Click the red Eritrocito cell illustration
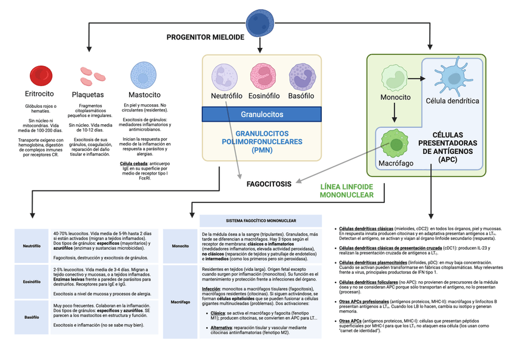pyautogui.click(x=40, y=76)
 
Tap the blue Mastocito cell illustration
pyautogui.click(x=144, y=76)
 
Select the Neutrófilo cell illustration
pyautogui.click(x=225, y=77)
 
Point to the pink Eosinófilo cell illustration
pyautogui.click(x=263, y=77)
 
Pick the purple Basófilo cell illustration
pyautogui.click(x=301, y=77)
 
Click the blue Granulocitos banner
pyautogui.click(x=262, y=114)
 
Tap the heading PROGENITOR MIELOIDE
pyautogui.click(x=205, y=38)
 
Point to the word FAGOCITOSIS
pyautogui.click(x=269, y=184)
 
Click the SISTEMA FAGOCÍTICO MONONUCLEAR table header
pyautogui.click(x=261, y=221)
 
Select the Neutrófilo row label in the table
pyautogui.click(x=32, y=246)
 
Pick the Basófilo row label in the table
pyautogui.click(x=32, y=317)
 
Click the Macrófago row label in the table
pyautogui.click(x=181, y=301)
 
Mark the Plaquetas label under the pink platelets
pyautogui.click(x=88, y=95)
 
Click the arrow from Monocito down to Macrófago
pyautogui.click(x=395, y=113)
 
